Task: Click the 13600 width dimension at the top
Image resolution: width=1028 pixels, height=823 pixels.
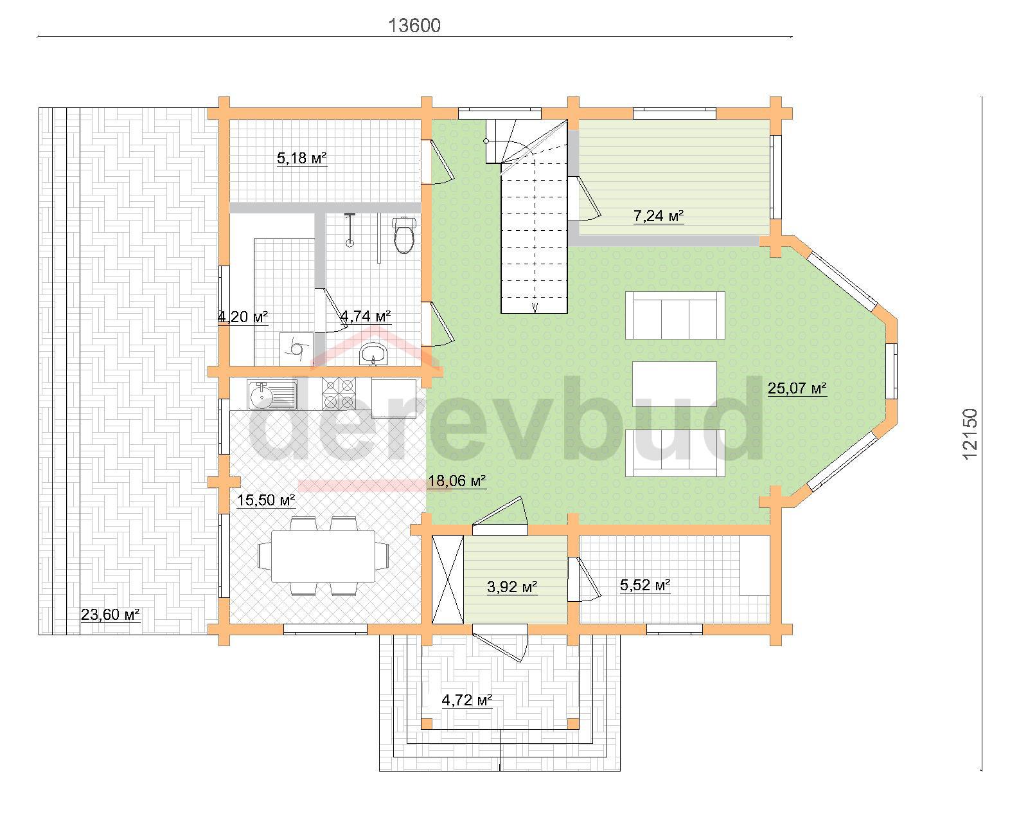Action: pos(414,26)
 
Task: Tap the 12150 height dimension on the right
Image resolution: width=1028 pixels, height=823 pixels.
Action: pos(970,434)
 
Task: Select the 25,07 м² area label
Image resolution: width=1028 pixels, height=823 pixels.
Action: pos(797,388)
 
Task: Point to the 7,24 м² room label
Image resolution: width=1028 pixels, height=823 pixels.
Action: pos(659,216)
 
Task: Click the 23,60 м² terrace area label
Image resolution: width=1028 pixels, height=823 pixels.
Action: pos(111,615)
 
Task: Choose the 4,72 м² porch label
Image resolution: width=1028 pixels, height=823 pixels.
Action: pos(467,700)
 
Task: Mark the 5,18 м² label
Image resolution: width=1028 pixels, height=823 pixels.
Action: pos(302,158)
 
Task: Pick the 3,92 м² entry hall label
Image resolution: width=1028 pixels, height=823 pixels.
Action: pos(512,587)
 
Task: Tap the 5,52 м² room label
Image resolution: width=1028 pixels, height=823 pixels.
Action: pos(645,585)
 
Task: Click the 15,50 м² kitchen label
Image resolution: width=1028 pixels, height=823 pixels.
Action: pos(267,500)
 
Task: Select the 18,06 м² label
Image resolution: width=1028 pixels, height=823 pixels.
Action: pos(457,480)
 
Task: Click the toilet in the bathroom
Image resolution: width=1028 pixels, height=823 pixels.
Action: pos(404,235)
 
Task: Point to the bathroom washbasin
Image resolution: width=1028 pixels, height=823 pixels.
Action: pos(373,354)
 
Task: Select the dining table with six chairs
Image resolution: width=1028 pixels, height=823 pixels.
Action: pos(323,556)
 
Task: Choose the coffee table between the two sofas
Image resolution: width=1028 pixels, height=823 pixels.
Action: pos(675,384)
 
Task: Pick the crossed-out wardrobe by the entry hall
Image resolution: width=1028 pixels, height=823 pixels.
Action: pos(448,579)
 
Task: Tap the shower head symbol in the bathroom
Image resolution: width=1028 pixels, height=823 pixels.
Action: pos(350,230)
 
